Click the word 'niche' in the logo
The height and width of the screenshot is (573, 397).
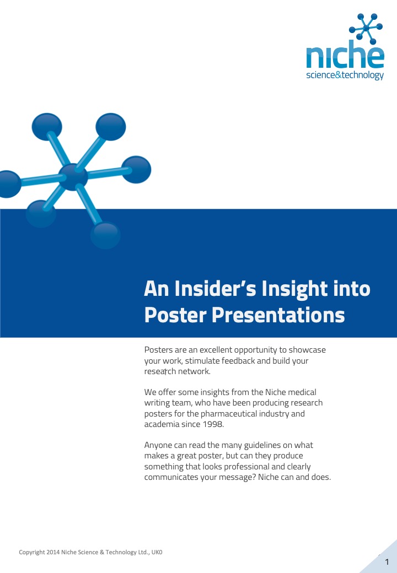coord(345,55)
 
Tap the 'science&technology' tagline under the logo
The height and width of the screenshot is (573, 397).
coord(345,75)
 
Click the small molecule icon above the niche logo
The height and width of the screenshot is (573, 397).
coord(366,29)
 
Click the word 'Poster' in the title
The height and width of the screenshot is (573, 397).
coord(175,315)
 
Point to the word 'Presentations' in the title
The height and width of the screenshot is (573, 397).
coord(278,315)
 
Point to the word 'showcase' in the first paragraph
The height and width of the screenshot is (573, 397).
coord(307,350)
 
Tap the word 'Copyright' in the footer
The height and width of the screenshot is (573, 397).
coord(32,552)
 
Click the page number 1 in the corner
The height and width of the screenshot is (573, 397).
coord(387,562)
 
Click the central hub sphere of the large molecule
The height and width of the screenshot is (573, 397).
coord(73,177)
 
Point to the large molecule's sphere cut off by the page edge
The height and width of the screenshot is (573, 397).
coord(9,184)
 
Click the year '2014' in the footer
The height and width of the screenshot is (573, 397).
coord(53,552)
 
